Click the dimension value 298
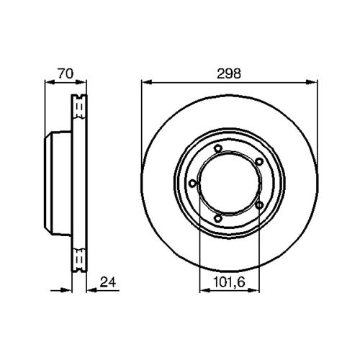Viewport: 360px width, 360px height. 228,73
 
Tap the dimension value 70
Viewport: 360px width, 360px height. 65,73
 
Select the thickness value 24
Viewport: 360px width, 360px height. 108,282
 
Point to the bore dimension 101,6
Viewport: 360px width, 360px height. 229,282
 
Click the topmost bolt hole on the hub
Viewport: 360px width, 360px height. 218,148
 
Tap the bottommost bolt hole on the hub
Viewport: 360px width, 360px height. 217,218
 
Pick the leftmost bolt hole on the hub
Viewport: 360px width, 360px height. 192,184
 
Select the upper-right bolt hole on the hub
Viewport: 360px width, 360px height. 259,162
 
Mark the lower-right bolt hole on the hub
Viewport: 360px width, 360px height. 259,205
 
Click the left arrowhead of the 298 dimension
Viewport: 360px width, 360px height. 147,82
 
